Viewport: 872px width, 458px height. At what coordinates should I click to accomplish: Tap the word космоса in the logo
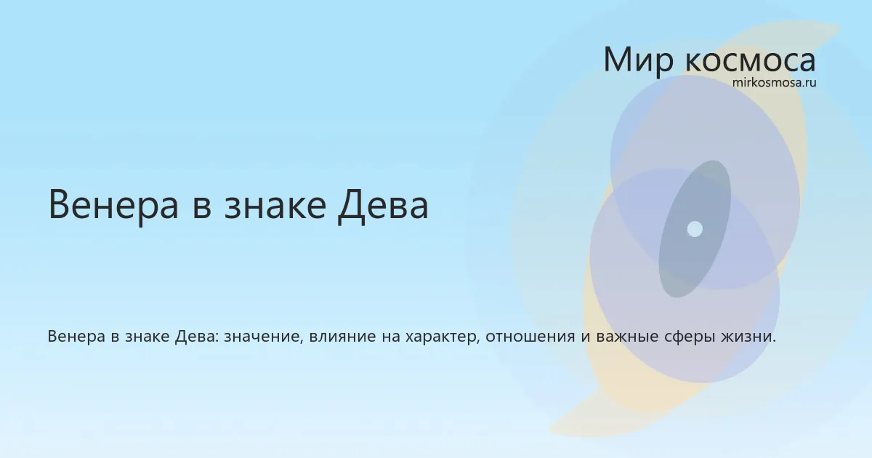(750, 61)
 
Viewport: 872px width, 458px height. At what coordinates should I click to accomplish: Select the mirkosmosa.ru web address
(774, 83)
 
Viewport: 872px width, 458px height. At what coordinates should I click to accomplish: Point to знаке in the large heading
(275, 204)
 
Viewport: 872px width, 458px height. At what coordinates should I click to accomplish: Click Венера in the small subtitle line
(76, 336)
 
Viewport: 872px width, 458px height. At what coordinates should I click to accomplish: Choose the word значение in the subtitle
(263, 337)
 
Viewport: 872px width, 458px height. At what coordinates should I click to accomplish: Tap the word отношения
(530, 337)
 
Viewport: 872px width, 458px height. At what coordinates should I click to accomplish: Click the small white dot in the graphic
(695, 229)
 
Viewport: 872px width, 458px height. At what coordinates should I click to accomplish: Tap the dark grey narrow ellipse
(695, 229)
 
